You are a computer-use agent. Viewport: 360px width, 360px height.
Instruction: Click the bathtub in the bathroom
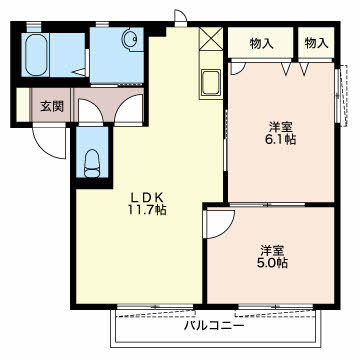(36, 55)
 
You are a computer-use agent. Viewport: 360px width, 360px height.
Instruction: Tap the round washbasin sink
(129, 39)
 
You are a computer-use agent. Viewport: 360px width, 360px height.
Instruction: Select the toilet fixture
(92, 163)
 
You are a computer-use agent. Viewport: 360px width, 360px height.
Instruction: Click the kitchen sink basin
(211, 82)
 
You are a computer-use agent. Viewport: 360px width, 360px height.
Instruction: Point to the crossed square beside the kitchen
(211, 39)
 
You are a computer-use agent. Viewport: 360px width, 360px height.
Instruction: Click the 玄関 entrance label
(52, 106)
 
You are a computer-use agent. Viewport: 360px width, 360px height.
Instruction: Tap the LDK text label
(147, 198)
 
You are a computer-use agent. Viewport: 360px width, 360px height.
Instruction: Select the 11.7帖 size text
(147, 210)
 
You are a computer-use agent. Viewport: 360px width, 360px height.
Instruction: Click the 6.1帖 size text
(281, 139)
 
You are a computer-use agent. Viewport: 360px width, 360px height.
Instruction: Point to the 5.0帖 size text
(272, 263)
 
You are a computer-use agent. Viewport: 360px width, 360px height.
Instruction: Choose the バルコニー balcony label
(215, 325)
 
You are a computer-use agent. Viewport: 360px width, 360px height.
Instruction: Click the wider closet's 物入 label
(262, 43)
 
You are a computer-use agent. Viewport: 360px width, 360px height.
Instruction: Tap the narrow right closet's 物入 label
(316, 43)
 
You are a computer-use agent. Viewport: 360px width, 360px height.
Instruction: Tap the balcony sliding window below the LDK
(156, 307)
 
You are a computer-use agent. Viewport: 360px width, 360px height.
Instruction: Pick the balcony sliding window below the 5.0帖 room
(276, 307)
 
